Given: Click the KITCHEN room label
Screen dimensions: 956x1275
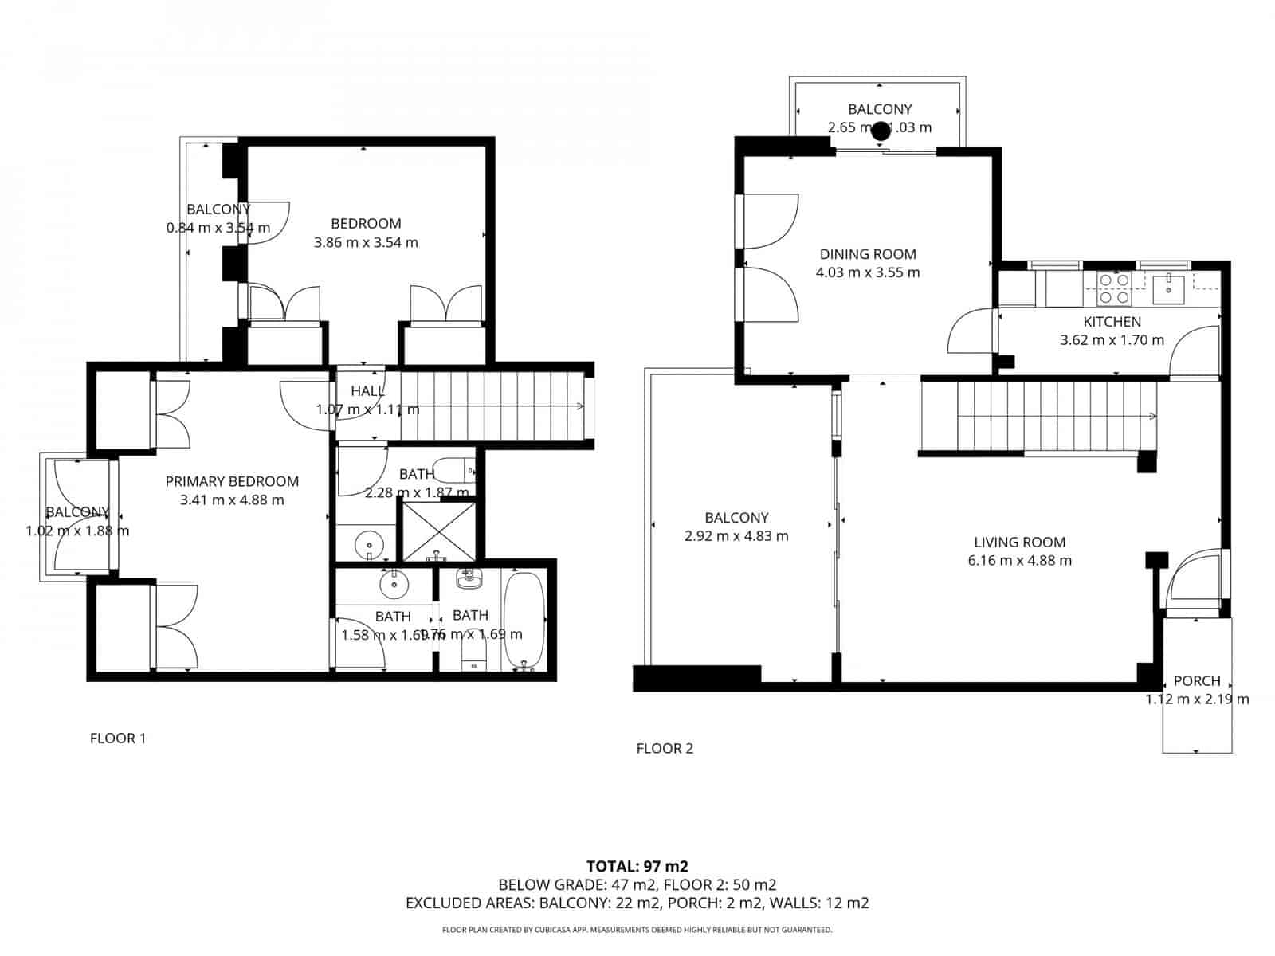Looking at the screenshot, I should [x=1112, y=322].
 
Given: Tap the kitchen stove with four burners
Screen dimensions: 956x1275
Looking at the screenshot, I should [x=1114, y=288].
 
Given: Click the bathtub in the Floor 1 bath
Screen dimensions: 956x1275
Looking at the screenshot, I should [x=524, y=622].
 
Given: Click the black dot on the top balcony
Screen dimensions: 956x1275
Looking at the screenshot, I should [x=880, y=131].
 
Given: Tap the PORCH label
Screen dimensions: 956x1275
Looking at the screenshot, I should [x=1196, y=681].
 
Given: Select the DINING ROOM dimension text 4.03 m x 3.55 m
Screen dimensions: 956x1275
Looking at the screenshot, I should [x=868, y=272].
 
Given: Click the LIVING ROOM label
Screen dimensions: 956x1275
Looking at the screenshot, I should [x=1019, y=542].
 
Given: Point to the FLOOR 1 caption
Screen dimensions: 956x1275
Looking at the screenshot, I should [x=118, y=739].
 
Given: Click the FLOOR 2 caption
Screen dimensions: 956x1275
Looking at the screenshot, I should [x=665, y=749].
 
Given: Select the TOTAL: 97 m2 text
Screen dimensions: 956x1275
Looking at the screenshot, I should [x=637, y=866].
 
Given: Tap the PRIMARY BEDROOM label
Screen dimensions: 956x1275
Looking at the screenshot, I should [x=232, y=481].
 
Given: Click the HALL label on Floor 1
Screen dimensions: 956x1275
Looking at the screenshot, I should [x=367, y=391].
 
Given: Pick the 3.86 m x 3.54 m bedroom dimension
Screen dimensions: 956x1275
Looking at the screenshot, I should [x=366, y=242].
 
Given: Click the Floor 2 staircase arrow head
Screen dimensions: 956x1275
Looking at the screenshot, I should [x=1154, y=416].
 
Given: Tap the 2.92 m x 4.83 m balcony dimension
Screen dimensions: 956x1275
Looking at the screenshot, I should [x=736, y=536].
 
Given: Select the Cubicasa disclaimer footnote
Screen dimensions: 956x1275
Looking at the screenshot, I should [x=637, y=930].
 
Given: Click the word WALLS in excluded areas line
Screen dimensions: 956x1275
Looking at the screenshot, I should [x=796, y=903].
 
